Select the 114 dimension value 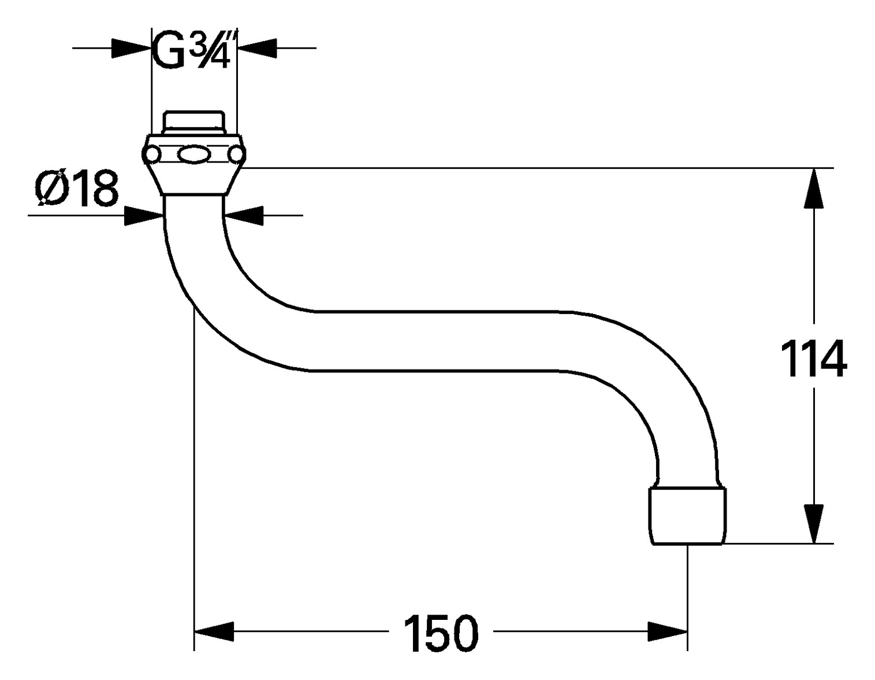point(813,359)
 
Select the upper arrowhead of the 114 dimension point(814,188)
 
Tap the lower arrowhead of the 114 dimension point(814,524)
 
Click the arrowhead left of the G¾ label point(131,48)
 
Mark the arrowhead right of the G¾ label point(257,48)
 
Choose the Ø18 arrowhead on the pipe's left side point(144,216)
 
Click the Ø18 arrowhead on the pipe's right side point(243,216)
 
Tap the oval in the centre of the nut point(193,155)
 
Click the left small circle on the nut point(152,155)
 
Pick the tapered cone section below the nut point(193,180)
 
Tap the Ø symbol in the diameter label point(51,189)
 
